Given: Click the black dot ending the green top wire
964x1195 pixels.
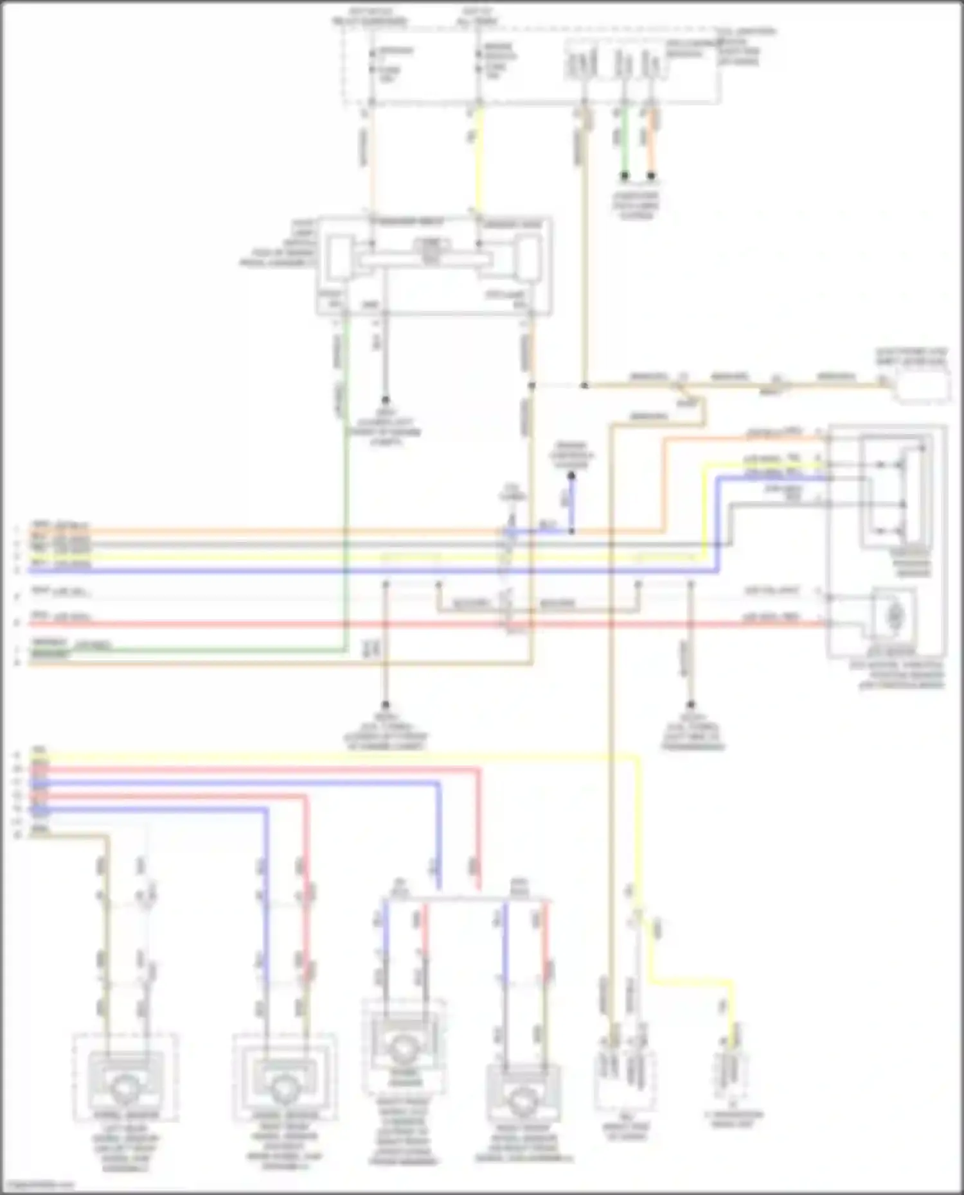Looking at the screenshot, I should [624, 175].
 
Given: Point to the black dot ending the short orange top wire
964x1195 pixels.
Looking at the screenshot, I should [652, 175].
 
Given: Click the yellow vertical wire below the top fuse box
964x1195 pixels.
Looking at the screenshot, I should [478, 161].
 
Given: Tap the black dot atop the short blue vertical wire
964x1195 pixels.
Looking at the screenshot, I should [571, 476].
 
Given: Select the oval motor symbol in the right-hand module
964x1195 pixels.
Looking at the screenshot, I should [894, 616].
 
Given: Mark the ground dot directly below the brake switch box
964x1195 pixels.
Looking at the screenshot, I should [386, 399].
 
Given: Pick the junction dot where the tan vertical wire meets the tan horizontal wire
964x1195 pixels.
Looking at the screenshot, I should [584, 386].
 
